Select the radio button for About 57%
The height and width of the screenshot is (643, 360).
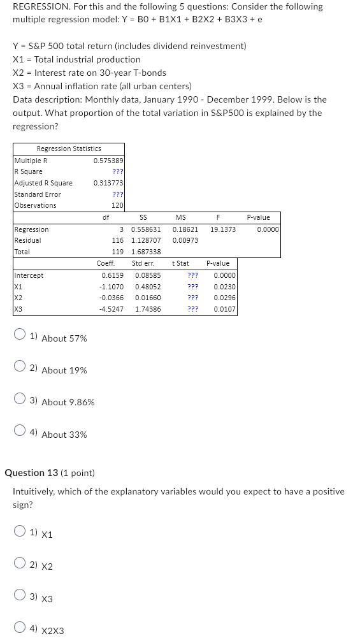pyautogui.click(x=20, y=335)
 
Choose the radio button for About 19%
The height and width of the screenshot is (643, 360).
pyautogui.click(x=20, y=366)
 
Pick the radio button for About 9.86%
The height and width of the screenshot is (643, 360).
pyautogui.click(x=20, y=399)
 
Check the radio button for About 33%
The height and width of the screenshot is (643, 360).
pyautogui.click(x=20, y=431)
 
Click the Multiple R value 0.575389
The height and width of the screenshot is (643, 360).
pyautogui.click(x=108, y=161)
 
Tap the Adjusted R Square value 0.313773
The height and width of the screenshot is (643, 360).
pyautogui.click(x=108, y=183)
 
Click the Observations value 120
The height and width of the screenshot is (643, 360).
pyautogui.click(x=117, y=205)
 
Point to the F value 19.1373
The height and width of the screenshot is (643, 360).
pyautogui.click(x=223, y=229)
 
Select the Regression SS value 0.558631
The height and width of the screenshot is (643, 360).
pyautogui.click(x=146, y=229)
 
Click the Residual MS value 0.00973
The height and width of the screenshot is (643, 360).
pyautogui.click(x=185, y=240)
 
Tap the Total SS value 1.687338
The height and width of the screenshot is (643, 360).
pyautogui.click(x=146, y=252)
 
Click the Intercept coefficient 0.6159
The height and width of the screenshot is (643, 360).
pyautogui.click(x=112, y=275)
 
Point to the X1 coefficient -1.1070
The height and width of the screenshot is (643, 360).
pyautogui.click(x=112, y=287)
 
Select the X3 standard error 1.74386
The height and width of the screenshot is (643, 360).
pyautogui.click(x=148, y=309)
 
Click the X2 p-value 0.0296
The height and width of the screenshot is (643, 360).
pyautogui.click(x=224, y=298)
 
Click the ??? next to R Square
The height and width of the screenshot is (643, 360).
pyautogui.click(x=118, y=171)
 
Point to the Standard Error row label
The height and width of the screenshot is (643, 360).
pyautogui.click(x=38, y=194)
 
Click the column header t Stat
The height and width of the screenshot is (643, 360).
pyautogui.click(x=180, y=263)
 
